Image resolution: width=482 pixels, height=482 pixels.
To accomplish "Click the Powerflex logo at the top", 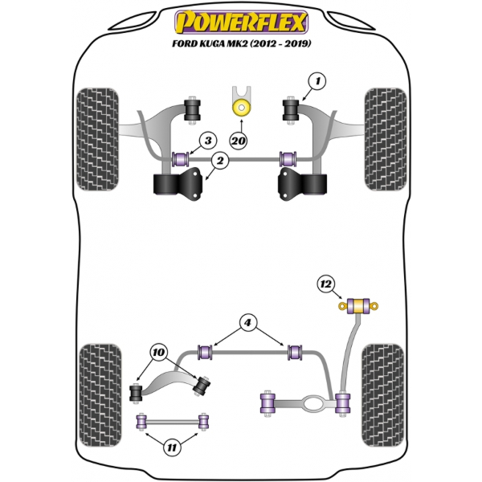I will (x=240, y=18).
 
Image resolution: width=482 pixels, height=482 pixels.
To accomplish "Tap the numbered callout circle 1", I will (x=318, y=81).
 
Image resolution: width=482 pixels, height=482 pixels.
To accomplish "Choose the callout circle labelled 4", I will (x=249, y=324).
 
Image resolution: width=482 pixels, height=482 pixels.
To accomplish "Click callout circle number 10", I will (x=158, y=352).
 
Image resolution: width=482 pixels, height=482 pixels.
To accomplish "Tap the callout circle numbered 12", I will (x=325, y=283).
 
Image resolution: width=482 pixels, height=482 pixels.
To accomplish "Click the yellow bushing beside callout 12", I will (x=359, y=304).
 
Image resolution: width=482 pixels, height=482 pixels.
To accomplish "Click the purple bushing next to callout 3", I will (x=180, y=157).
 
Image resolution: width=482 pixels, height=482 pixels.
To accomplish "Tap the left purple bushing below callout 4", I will (x=205, y=351).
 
